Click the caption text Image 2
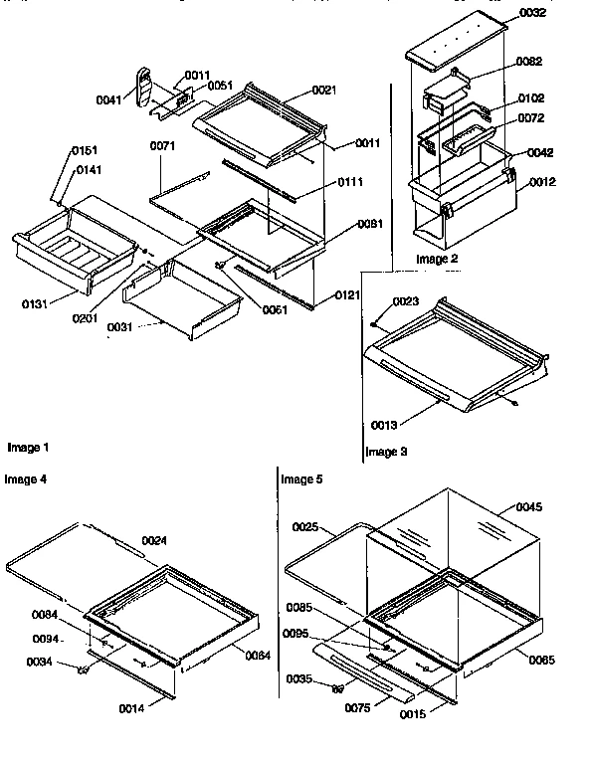click(437, 259)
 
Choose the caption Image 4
click(25, 478)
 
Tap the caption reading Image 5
click(301, 478)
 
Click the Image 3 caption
click(387, 452)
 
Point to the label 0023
click(405, 300)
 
